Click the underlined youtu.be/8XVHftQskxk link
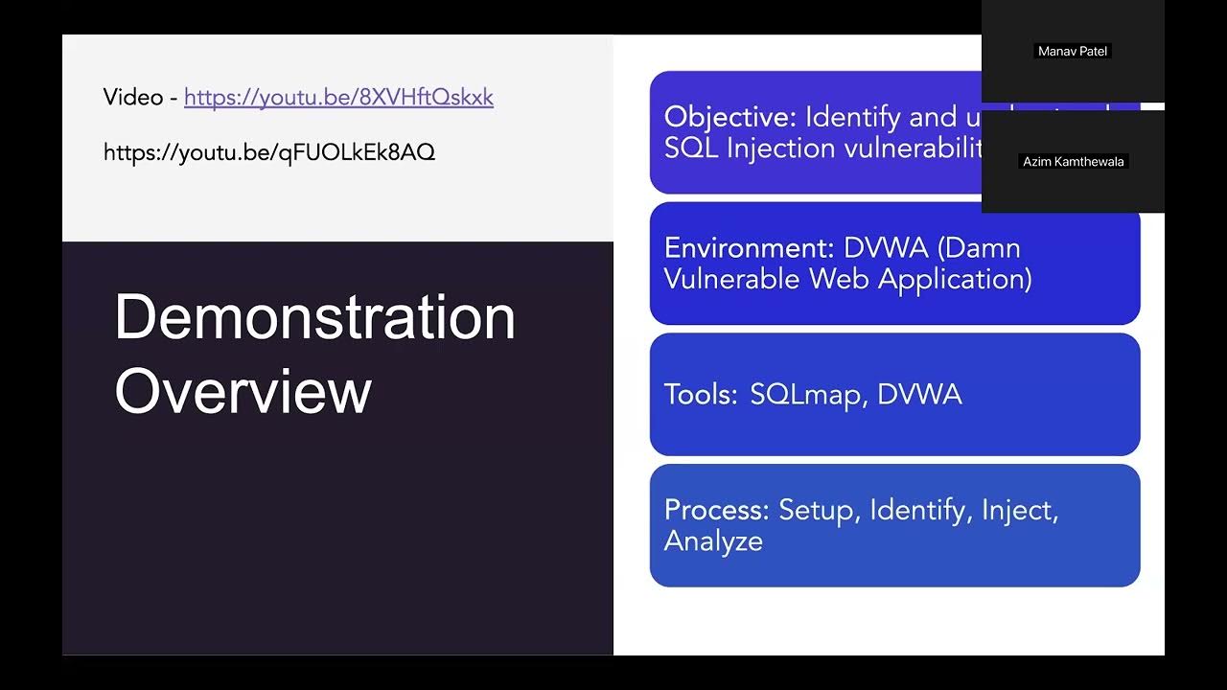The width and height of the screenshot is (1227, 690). pyautogui.click(x=338, y=97)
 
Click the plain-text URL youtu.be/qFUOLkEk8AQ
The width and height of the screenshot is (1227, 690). pyautogui.click(x=269, y=151)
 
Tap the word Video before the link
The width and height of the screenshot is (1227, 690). pyautogui.click(x=133, y=97)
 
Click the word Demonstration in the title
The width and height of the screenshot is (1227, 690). pyautogui.click(x=314, y=317)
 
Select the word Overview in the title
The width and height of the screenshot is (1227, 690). pyautogui.click(x=243, y=390)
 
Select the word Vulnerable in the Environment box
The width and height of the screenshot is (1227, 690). pyautogui.click(x=733, y=279)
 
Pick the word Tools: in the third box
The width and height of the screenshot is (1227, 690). pyautogui.click(x=701, y=395)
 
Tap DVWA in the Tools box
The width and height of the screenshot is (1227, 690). pyautogui.click(x=919, y=395)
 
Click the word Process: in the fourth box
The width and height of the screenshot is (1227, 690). pyautogui.click(x=717, y=510)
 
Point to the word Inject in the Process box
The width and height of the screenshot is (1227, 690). pyautogui.click(x=1019, y=510)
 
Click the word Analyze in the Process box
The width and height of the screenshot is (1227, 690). pyautogui.click(x=713, y=541)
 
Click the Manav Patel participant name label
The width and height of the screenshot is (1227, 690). pyautogui.click(x=1073, y=52)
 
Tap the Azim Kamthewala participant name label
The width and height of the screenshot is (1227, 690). pyautogui.click(x=1073, y=162)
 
